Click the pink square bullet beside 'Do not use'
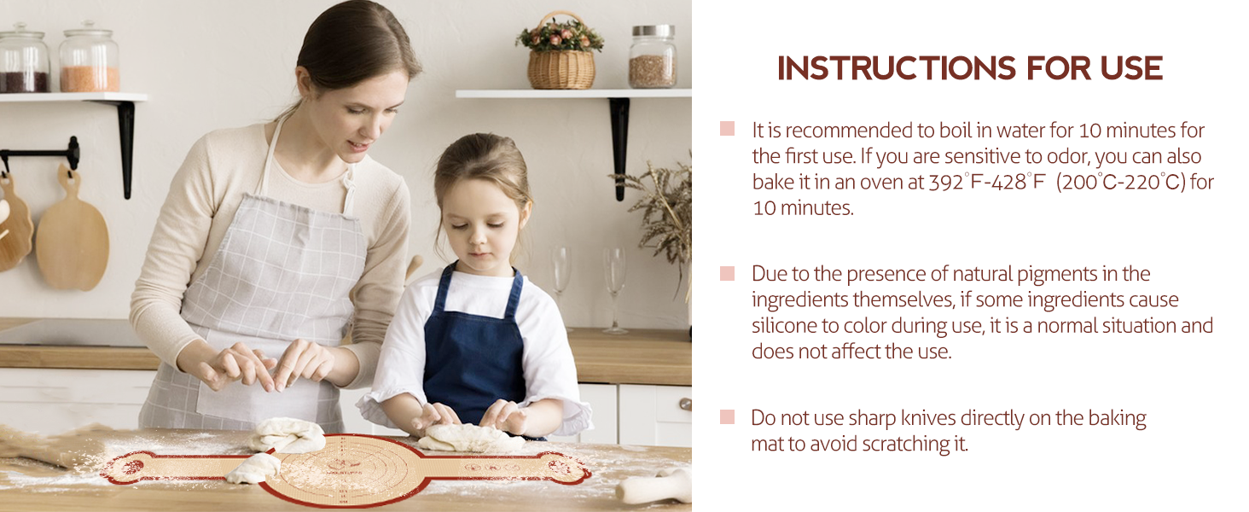(727, 417)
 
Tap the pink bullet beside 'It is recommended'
(727, 129)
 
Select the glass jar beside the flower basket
(653, 57)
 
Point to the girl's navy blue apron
(474, 350)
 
